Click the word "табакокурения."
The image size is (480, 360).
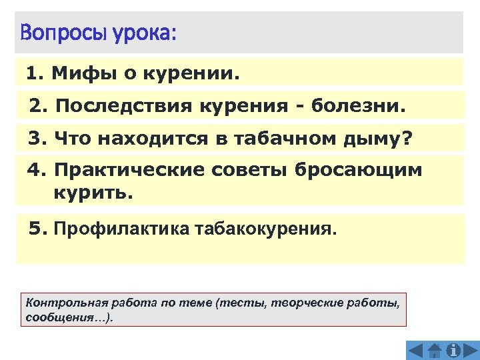(x=267, y=230)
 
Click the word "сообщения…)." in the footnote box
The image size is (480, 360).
(x=69, y=317)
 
